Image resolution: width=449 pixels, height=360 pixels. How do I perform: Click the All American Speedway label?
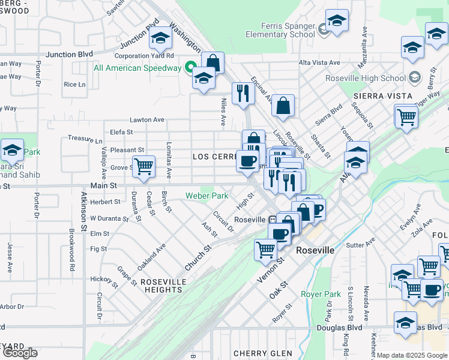pos(137,68)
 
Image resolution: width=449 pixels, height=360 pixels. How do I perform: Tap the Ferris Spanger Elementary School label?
pos(280,31)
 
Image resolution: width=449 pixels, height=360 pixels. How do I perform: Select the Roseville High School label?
pos(365,78)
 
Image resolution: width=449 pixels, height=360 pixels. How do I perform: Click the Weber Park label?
pos(206,196)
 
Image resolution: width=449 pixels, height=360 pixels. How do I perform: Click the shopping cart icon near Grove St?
pos(143,166)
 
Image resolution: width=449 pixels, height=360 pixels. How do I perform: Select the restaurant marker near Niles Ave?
pos(243,93)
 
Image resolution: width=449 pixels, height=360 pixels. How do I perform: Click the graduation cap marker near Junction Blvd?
pos(160,38)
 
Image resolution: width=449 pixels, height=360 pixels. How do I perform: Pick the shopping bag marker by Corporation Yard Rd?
pos(212,62)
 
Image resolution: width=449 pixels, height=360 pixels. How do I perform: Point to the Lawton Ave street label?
pos(146,120)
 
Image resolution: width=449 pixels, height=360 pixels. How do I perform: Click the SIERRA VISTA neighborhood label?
pos(383,96)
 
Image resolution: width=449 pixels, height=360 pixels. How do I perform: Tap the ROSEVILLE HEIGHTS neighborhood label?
pos(169,289)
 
